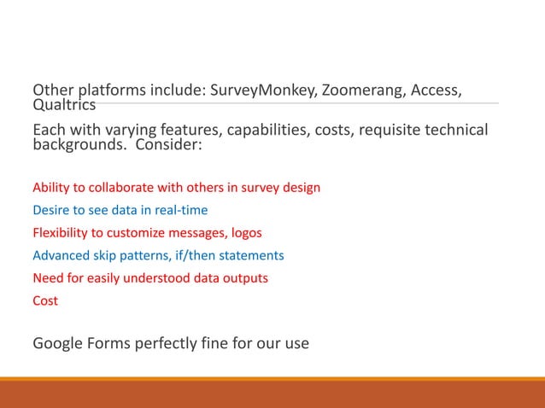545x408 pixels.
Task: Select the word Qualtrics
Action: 64,105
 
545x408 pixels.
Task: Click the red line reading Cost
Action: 45,300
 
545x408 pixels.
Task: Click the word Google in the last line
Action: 59,344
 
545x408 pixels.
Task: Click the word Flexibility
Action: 60,232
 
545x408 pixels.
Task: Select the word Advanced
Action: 59,255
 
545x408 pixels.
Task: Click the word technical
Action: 455,131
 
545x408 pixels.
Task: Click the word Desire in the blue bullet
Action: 50,210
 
